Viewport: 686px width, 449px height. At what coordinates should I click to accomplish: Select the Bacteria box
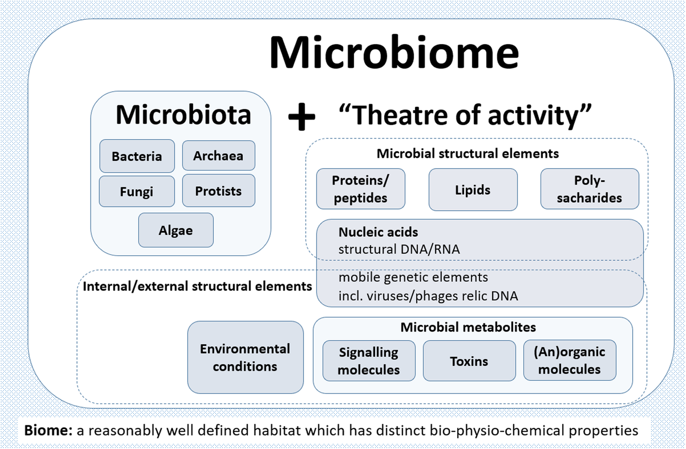tap(137, 156)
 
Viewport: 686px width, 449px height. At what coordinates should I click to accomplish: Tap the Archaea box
tap(218, 156)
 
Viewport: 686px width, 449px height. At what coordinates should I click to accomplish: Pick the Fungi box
tap(137, 192)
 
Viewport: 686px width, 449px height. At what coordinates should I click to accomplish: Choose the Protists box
tap(218, 191)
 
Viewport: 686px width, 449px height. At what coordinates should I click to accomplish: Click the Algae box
tap(176, 231)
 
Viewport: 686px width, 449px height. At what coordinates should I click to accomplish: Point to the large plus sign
tap(301, 116)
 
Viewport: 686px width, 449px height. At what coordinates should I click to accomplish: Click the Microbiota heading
tap(183, 115)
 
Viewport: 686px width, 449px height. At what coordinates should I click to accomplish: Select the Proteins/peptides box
tap(360, 189)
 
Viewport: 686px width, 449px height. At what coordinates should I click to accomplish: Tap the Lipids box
tap(473, 190)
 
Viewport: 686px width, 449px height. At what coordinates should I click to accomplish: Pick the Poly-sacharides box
tap(589, 189)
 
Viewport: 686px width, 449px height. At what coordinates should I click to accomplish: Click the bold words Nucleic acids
tap(378, 232)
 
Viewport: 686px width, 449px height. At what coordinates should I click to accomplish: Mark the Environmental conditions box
tap(245, 357)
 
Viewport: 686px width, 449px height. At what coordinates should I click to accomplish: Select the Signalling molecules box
tap(369, 361)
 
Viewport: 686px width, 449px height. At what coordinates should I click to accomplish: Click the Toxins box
tap(469, 361)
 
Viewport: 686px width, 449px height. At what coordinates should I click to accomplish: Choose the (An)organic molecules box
tap(569, 361)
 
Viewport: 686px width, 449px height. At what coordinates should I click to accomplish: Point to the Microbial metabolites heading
tap(468, 327)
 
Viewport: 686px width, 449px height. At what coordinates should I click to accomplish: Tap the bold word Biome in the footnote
tap(48, 430)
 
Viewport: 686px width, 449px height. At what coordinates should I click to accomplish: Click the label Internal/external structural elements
tap(197, 286)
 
